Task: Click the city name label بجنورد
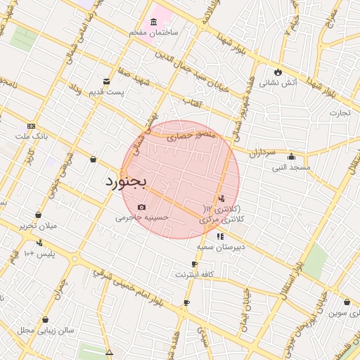point(126,182)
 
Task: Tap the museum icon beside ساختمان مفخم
point(153,22)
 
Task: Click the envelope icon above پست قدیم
point(107,82)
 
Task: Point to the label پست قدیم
point(106,92)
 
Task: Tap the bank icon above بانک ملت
point(32,125)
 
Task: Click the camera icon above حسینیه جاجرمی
point(142,207)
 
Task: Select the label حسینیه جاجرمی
point(143,218)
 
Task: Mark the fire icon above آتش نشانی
point(278,72)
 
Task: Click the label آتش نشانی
point(278,82)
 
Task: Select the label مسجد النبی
point(290,167)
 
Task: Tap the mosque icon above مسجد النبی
point(291,157)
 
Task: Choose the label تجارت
point(340,112)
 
